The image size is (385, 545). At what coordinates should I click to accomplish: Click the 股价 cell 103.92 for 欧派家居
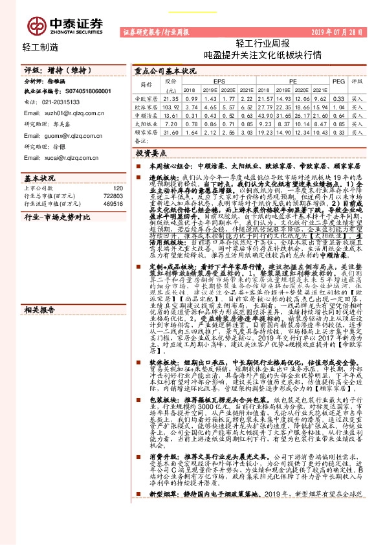[x=171, y=106]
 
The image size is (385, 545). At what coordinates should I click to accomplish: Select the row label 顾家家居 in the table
[x=146, y=131]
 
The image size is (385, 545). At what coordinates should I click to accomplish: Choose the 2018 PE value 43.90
[x=269, y=114]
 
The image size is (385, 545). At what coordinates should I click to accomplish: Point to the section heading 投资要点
[x=151, y=153]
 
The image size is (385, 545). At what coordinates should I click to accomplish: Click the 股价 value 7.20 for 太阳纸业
[x=171, y=123]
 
